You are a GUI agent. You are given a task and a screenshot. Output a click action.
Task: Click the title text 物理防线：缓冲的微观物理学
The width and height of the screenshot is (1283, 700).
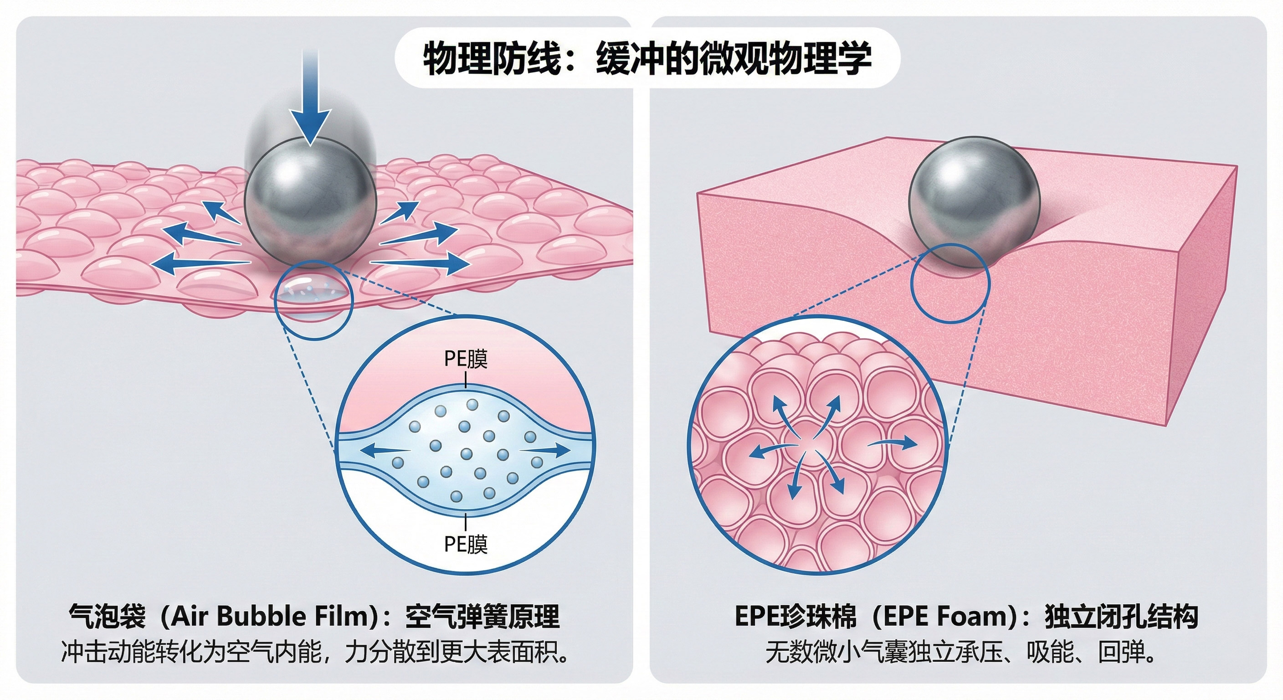647,59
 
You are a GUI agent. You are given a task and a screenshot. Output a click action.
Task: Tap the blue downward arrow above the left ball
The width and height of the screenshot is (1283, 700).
310,100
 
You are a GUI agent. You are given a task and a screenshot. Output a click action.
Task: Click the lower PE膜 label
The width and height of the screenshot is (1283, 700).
466,545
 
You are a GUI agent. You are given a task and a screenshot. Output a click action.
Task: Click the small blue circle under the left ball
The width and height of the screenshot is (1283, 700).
314,300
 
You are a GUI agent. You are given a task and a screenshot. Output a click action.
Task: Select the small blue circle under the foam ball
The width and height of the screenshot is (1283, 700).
950,283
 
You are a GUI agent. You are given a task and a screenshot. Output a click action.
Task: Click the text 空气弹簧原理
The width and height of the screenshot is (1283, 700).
482,617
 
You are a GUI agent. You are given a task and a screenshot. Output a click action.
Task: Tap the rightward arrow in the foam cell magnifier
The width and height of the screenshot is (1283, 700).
893,443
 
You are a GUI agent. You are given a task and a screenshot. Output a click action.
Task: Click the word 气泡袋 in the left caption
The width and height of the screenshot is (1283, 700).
108,617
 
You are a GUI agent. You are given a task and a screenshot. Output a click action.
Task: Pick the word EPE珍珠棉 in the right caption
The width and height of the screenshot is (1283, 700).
795,617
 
